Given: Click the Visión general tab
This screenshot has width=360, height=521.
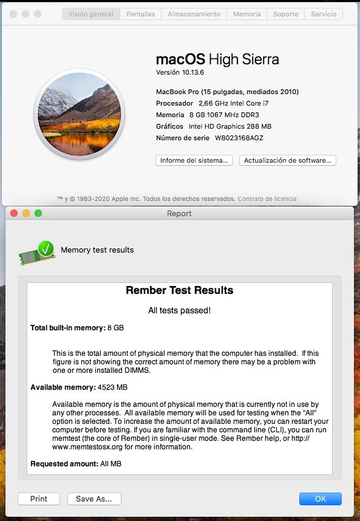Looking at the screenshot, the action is pyautogui.click(x=90, y=14).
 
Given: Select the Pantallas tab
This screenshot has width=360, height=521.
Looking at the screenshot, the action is pyautogui.click(x=140, y=14).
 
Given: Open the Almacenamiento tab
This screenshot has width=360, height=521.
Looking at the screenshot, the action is pyautogui.click(x=194, y=14).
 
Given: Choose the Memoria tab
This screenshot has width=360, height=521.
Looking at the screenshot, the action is pyautogui.click(x=246, y=14).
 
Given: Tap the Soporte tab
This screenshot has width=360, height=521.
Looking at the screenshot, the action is pyautogui.click(x=285, y=14).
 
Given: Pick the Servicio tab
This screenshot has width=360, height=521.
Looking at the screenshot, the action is pyautogui.click(x=324, y=14).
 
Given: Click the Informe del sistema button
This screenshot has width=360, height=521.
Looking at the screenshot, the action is pyautogui.click(x=194, y=160).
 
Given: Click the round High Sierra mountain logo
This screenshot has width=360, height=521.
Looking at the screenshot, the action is pyautogui.click(x=80, y=114).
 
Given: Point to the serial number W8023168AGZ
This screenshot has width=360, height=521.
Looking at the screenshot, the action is pyautogui.click(x=239, y=138).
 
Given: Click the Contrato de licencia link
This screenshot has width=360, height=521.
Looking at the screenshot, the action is pyautogui.click(x=267, y=199).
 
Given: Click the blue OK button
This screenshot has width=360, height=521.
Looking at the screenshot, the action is pyautogui.click(x=320, y=499).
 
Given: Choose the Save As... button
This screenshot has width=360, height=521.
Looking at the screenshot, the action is pyautogui.click(x=94, y=499).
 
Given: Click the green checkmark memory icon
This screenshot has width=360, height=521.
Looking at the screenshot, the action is pyautogui.click(x=38, y=251).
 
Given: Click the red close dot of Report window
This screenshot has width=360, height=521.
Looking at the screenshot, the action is pyautogui.click(x=13, y=213).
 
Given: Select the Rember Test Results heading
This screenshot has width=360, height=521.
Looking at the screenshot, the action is pyautogui.click(x=179, y=290).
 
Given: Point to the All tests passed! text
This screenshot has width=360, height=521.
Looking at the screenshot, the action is pyautogui.click(x=179, y=310).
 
